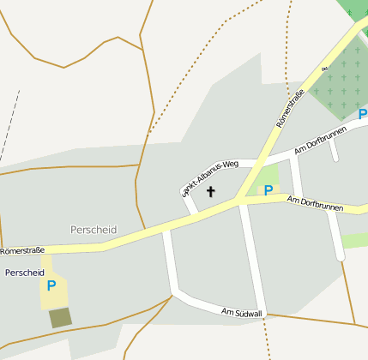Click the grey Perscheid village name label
[x=94, y=230]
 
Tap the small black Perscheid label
[x=25, y=273]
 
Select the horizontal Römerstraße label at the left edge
[x=22, y=251]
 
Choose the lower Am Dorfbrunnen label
[x=315, y=204]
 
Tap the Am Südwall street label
[x=241, y=313]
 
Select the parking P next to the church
[x=268, y=190]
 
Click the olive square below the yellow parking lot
[x=60, y=318]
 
